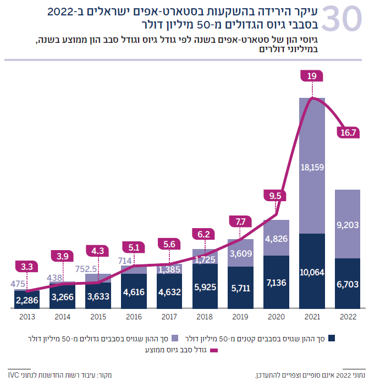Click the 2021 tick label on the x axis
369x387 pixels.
pos(312,317)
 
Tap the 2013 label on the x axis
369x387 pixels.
pos(27,317)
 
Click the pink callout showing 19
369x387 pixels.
pos(312,76)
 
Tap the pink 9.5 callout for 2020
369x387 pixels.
pos(275,195)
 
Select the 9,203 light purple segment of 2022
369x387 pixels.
pos(348,224)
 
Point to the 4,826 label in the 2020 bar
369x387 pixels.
pos(277,239)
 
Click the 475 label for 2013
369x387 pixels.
pos(18,284)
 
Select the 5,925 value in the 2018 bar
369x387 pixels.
pos(205,286)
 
